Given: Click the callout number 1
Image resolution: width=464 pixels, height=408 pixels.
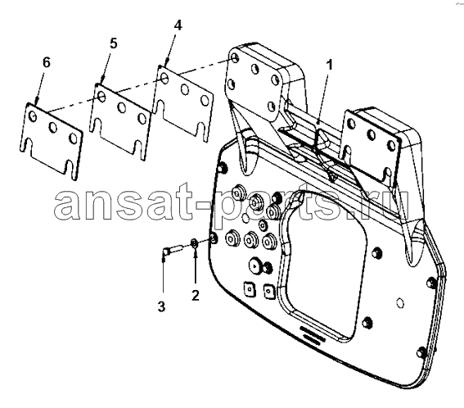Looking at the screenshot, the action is coord(329,65).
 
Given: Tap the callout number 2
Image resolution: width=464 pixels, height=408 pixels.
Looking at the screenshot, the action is coord(196,295).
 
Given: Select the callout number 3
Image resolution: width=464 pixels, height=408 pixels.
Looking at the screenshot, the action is coord(161,306).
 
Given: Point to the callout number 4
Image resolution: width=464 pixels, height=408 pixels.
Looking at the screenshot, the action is coord(178,25).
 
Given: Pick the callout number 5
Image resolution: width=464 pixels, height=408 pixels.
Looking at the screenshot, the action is coord(113,43).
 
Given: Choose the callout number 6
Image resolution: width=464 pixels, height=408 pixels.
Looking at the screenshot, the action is coord(47,62).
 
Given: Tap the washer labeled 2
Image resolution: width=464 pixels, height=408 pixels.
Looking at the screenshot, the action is coord(194,243).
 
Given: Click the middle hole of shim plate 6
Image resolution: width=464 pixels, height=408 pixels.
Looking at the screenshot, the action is coord(53,127).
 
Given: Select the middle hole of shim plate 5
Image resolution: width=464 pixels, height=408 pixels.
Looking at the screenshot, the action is coord(122,107).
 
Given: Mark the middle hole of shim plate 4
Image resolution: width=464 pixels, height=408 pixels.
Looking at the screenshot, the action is coord(185,89).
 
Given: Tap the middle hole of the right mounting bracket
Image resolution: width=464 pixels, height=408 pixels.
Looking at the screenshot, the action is coord(371,135).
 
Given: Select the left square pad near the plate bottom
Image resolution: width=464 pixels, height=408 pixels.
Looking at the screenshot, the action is coord(248,288).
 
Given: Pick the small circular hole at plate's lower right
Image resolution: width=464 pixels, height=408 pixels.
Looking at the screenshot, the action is coord(400,303).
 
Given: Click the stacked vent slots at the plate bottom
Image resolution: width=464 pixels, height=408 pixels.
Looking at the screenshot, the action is coord(311,335).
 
